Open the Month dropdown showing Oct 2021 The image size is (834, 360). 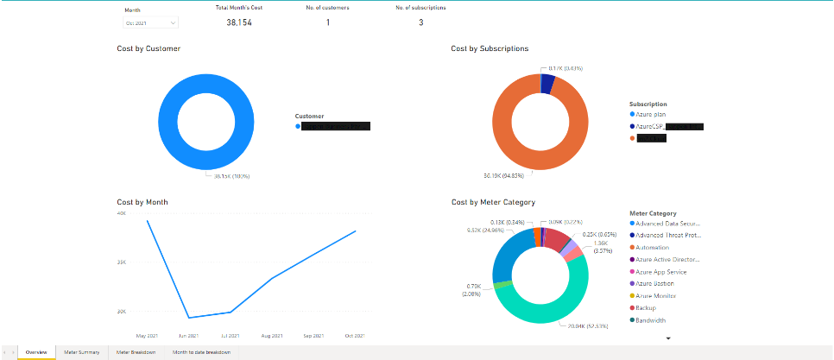coord(150,23)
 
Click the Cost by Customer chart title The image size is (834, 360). coord(148,49)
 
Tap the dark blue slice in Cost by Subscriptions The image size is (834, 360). coord(547,83)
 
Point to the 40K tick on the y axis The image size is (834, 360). coord(122,212)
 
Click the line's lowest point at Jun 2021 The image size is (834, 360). coord(188,318)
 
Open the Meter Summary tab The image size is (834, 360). coord(82,352)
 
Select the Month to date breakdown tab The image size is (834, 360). coord(201,352)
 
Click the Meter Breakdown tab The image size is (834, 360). coord(136,352)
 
